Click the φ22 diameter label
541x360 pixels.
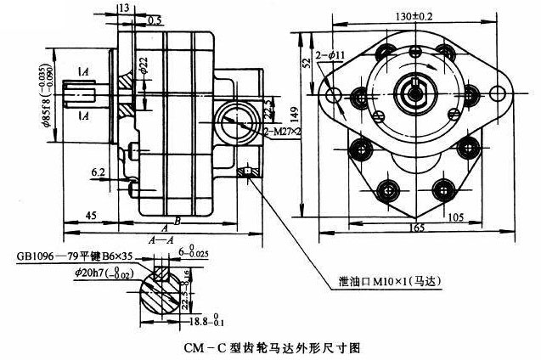144,63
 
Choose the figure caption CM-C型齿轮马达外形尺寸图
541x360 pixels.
272,347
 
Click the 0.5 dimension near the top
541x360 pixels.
155,19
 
